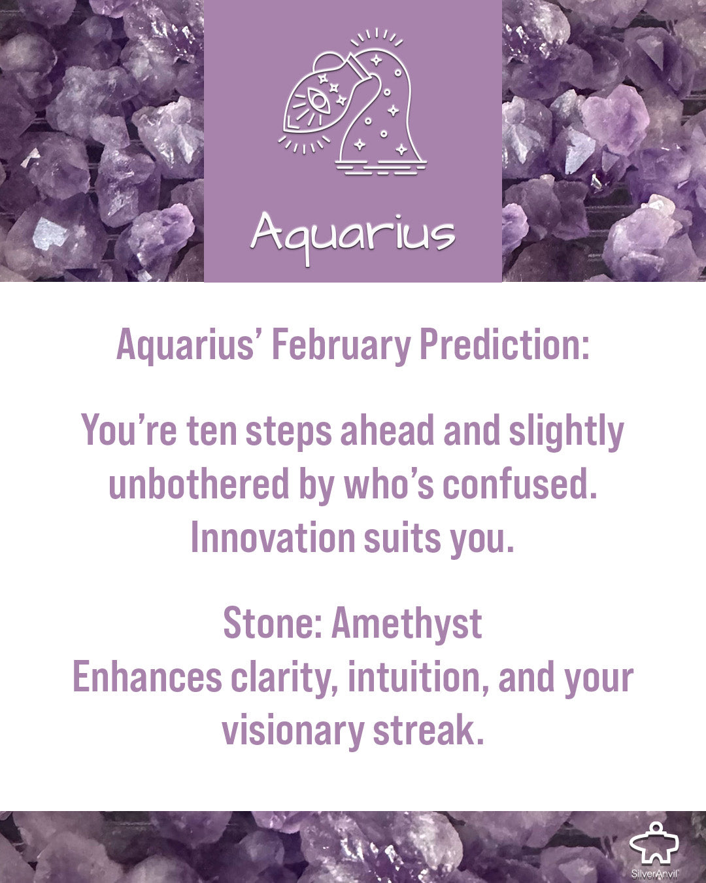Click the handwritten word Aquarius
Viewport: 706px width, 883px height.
pos(353,237)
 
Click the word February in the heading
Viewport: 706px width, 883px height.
pos(341,345)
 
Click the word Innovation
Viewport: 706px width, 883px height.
pos(273,538)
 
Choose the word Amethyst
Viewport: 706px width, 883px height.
pos(407,624)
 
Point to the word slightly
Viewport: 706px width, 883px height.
pos(567,432)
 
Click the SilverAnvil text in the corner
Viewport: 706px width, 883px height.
pos(655,874)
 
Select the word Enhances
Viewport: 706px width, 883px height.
pos(148,678)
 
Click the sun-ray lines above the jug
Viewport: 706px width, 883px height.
pos(377,37)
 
